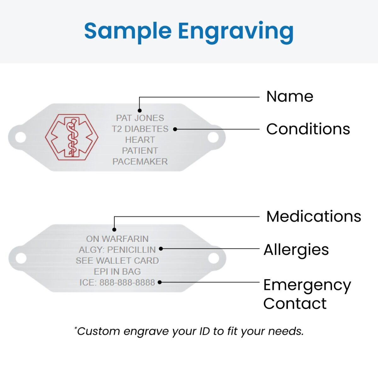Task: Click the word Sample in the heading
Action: coord(128,31)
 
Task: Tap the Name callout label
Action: coord(289,96)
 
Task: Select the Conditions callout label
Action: coord(308,129)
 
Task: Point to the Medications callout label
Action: coord(313,216)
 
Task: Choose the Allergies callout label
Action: coord(296,250)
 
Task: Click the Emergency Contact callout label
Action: coord(306,294)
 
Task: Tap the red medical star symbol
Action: coord(72,137)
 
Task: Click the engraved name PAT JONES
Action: coord(140,118)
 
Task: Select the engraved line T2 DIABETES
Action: coord(140,129)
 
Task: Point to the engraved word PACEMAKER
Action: coord(140,162)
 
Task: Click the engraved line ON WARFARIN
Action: coord(117,239)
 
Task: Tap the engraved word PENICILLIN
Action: coord(131,250)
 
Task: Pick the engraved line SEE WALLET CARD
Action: coord(117,261)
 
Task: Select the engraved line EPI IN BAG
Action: coord(117,272)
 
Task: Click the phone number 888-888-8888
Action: coord(127,283)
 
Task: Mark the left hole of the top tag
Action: coord(20,137)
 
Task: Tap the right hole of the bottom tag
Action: coord(214,258)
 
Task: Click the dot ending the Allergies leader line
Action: coord(161,249)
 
